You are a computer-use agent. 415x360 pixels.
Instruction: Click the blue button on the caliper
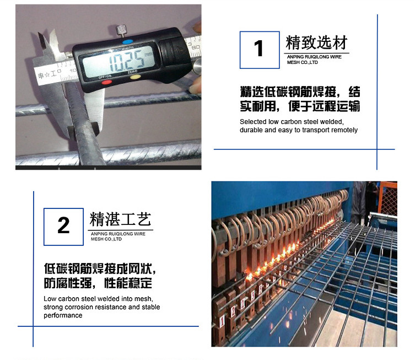(127, 42)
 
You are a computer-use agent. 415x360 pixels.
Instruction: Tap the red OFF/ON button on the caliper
(107, 82)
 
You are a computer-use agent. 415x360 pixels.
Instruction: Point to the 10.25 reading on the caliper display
(127, 61)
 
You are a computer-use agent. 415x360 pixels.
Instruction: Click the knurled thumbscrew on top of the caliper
(121, 31)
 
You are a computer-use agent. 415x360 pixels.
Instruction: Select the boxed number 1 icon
(260, 50)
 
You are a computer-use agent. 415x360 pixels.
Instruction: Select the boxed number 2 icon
(63, 227)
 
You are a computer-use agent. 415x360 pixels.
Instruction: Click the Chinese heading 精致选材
(316, 42)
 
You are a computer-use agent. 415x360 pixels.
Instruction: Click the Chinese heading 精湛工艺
(121, 219)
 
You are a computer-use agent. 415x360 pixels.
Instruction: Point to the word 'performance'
(63, 315)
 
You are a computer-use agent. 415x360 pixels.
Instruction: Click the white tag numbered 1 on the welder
(222, 321)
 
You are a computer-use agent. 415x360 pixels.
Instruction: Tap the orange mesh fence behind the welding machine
(389, 198)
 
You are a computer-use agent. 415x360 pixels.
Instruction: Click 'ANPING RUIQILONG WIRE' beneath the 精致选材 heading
(314, 57)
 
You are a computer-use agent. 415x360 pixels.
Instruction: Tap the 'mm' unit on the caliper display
(148, 54)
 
